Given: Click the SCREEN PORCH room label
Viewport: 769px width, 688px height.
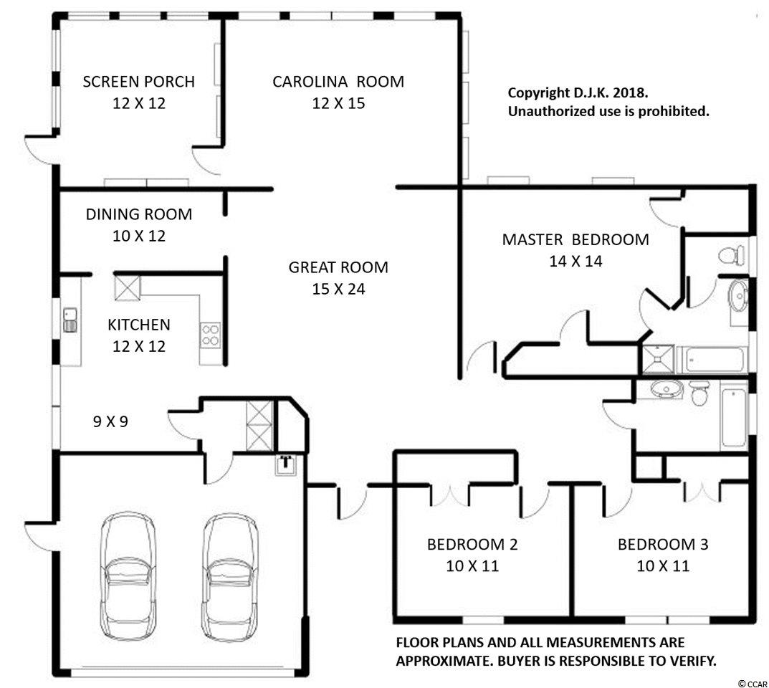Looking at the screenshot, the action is (x=139, y=82).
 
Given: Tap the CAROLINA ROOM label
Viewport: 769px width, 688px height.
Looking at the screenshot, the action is (x=338, y=82).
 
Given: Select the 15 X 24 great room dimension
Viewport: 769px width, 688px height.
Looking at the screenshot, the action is (x=338, y=289).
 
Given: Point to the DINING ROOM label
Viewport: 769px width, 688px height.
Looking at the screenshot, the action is (x=139, y=214).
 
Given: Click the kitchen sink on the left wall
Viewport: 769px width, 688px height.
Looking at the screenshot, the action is (x=70, y=320).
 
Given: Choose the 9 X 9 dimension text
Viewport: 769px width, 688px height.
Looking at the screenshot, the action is (x=110, y=421).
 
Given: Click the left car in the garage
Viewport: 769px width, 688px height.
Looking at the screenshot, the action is (x=128, y=577).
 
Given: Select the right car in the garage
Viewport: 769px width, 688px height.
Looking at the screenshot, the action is (x=230, y=577).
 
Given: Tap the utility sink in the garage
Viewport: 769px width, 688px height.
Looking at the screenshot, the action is (x=287, y=464).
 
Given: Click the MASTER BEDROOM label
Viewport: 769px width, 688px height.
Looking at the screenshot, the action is (x=575, y=240).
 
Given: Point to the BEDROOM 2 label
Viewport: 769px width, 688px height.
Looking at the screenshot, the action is (x=472, y=545).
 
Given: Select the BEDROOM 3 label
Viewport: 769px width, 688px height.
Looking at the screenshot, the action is (x=663, y=545).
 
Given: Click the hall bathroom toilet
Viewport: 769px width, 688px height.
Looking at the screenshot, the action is (x=698, y=392).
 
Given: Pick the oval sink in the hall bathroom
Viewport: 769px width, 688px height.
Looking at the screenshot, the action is (x=667, y=389).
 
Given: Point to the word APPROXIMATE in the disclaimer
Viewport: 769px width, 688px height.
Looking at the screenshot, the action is (x=441, y=661).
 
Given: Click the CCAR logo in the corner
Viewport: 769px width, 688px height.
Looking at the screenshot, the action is (x=753, y=683).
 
